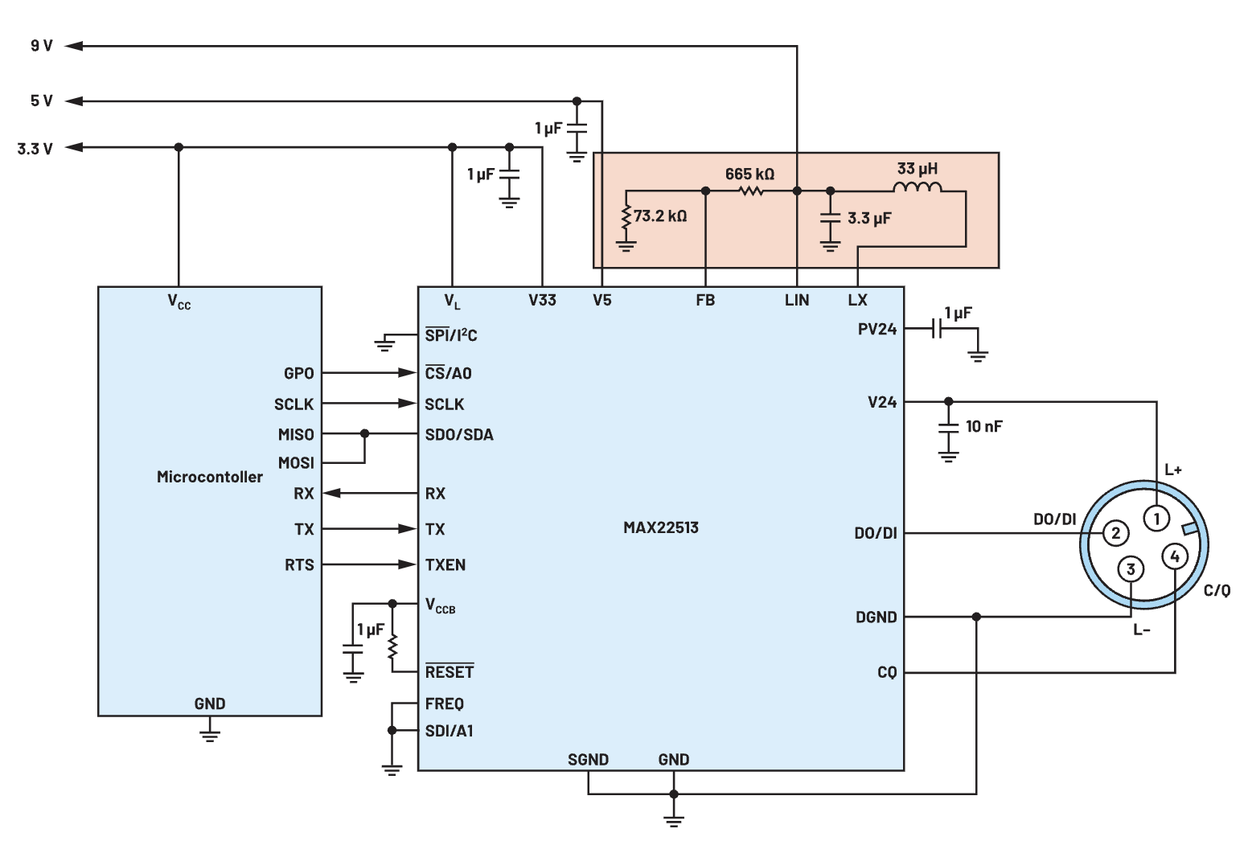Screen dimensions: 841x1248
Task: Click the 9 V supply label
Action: (x=42, y=46)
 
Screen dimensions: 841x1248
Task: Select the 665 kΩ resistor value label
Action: (x=749, y=174)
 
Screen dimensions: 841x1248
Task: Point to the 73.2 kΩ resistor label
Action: (x=660, y=215)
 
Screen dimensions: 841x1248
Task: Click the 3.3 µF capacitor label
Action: (x=869, y=218)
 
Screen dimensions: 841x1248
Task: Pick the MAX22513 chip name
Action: (x=661, y=527)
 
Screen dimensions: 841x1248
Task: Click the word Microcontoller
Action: (x=210, y=477)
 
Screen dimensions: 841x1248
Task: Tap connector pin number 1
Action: (x=1156, y=519)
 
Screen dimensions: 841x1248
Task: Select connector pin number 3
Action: (x=1131, y=569)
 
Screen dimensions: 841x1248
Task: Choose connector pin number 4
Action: (x=1175, y=556)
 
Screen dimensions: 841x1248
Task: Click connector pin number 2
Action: (x=1115, y=532)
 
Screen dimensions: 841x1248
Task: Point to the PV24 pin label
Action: (x=876, y=329)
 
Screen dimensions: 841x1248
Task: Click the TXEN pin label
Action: (x=445, y=564)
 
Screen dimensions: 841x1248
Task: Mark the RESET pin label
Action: (x=450, y=671)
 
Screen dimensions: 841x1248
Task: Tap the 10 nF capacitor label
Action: (x=984, y=426)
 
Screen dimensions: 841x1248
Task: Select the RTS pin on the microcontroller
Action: (x=299, y=564)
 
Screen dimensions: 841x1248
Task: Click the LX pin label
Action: (x=857, y=300)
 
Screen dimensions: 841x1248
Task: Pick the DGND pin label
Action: (x=876, y=617)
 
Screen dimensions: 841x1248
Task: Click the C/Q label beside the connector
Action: (x=1217, y=590)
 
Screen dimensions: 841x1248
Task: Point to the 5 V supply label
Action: (x=42, y=101)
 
